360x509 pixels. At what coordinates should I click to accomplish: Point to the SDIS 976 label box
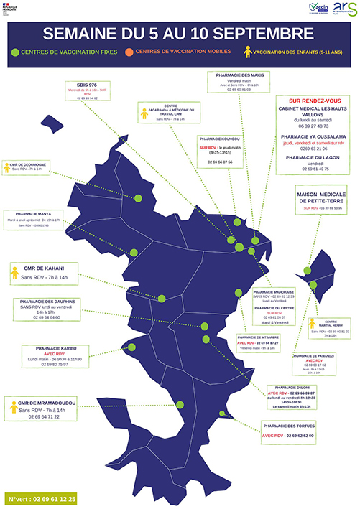(x=96, y=87)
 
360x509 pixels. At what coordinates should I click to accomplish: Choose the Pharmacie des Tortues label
(x=291, y=426)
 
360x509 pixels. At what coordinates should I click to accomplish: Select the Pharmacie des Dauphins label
(x=50, y=301)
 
